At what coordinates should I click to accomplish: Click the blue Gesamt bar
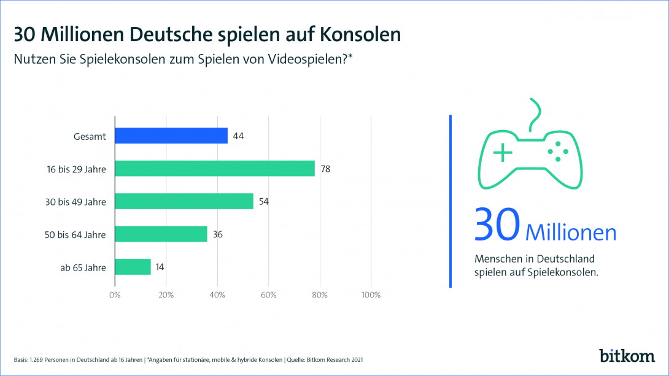[x=171, y=136]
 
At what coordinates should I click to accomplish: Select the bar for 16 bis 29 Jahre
[x=215, y=169]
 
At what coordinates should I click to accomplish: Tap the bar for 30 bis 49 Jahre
[x=184, y=201]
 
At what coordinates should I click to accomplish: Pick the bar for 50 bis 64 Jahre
[x=161, y=234]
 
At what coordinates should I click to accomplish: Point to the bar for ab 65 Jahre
[x=133, y=267]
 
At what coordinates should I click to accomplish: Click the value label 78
[x=325, y=169]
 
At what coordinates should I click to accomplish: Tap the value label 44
[x=238, y=136]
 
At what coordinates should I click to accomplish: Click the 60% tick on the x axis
[x=268, y=295]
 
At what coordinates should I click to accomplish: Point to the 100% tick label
[x=371, y=295]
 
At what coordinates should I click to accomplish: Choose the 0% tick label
[x=115, y=295]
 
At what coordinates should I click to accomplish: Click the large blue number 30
[x=497, y=224]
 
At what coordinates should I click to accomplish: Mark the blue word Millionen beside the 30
[x=571, y=233]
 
